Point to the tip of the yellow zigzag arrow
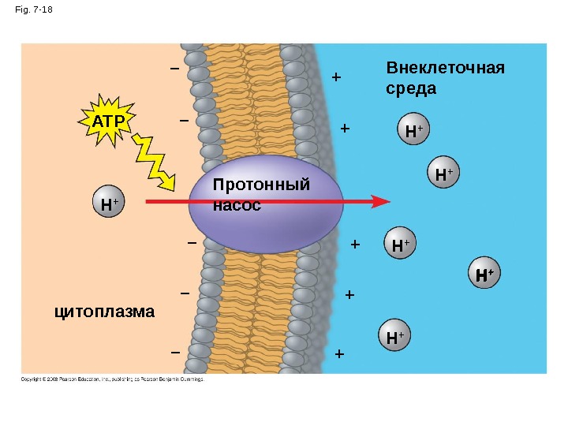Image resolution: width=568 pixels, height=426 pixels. tap(170, 188)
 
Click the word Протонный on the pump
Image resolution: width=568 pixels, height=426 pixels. tap(262, 185)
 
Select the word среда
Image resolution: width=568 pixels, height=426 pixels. tap(411, 88)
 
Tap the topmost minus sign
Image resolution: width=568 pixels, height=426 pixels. tap(174, 69)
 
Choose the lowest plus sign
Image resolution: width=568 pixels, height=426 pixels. tap(340, 353)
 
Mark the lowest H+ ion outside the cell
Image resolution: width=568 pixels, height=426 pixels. tap(394, 337)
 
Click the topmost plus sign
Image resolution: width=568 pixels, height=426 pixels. tap(336, 78)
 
